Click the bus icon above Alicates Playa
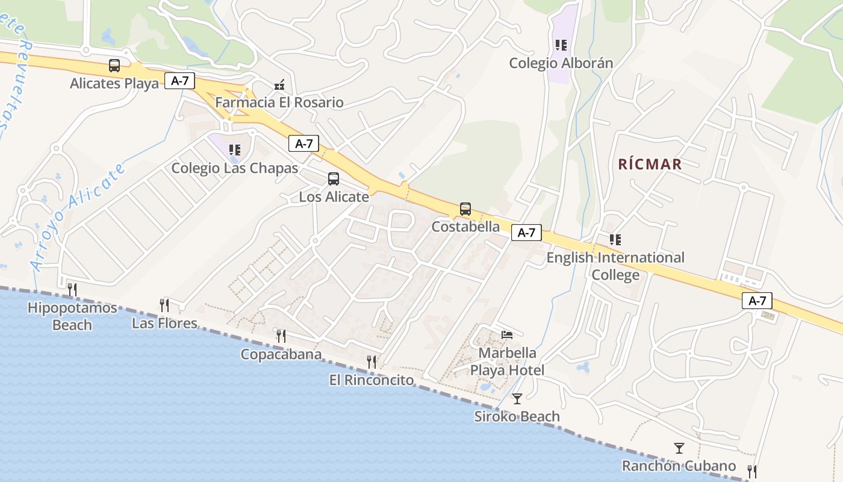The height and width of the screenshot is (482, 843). click(114, 65)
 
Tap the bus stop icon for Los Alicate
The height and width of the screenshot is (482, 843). click(333, 179)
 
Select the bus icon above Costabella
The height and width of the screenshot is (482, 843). click(465, 209)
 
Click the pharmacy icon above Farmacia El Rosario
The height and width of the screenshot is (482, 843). click(279, 85)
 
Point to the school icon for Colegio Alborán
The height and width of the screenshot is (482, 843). click(561, 45)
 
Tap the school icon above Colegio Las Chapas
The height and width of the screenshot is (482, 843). click(235, 150)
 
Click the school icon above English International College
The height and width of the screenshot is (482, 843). click(615, 240)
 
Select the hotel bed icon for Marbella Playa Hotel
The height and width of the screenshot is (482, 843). click(507, 334)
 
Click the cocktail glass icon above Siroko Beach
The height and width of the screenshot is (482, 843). click(517, 398)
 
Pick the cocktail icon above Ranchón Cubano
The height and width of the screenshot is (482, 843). click(679, 448)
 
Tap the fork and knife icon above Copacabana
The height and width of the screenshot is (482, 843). click(281, 336)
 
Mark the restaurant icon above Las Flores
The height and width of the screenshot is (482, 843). click(164, 305)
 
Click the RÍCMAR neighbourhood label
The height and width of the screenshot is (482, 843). click(650, 164)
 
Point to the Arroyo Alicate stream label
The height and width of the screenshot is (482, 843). click(78, 216)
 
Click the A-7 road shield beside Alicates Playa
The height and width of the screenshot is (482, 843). click(180, 81)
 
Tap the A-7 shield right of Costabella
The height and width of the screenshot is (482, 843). click(526, 233)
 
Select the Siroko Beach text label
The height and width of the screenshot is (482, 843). click(517, 416)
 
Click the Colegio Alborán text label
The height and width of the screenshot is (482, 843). click(561, 63)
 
